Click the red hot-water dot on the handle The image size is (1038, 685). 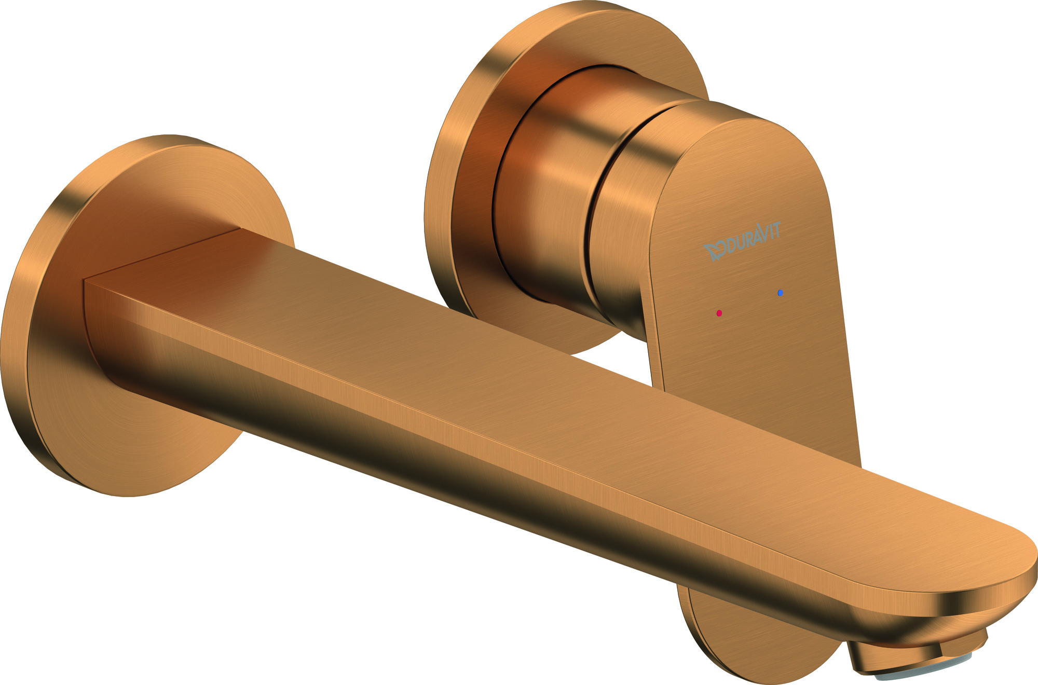pos(719,313)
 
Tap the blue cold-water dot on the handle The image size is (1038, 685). pos(781,293)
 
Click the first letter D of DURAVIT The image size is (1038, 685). pos(731,246)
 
